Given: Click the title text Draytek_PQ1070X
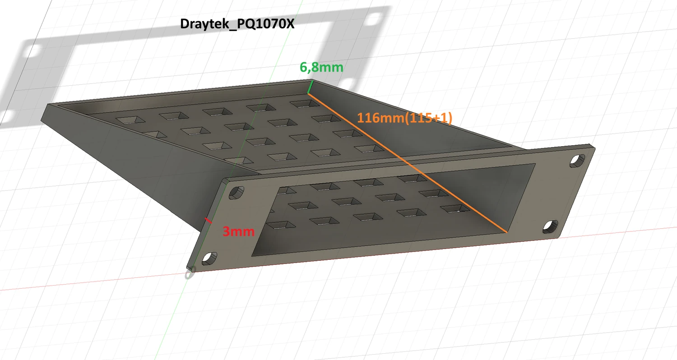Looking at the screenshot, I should [x=237, y=24].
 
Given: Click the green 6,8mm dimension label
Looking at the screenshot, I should [x=321, y=68].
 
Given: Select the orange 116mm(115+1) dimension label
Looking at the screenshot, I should [x=404, y=118].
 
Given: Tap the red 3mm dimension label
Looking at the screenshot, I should [x=238, y=232].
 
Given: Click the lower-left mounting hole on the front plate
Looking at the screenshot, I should [x=208, y=258].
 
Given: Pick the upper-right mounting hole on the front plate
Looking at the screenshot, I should [x=577, y=160].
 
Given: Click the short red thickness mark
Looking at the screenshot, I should [x=208, y=221].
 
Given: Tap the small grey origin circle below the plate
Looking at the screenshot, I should [x=190, y=273].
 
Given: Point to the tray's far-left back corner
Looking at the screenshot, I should [x=49, y=106].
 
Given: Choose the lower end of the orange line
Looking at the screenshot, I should [x=507, y=232].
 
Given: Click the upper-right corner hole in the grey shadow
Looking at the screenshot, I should [x=374, y=19].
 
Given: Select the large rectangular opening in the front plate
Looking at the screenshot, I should [x=388, y=212].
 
